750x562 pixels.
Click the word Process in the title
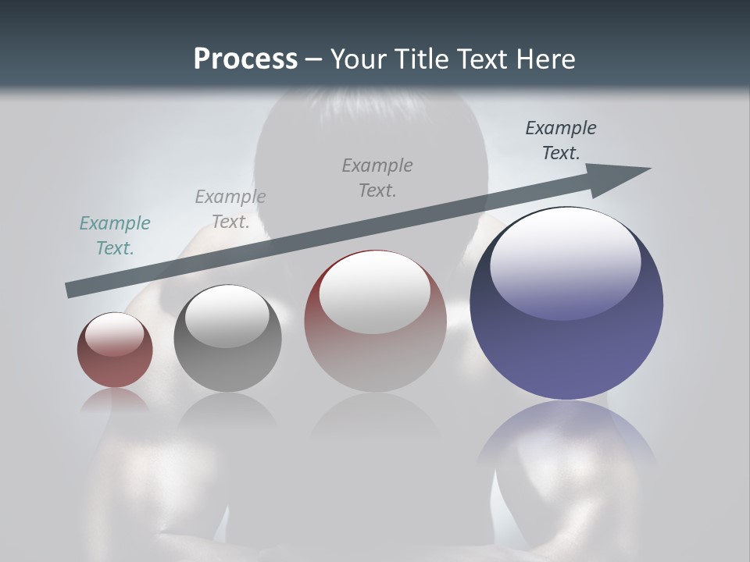click(x=245, y=59)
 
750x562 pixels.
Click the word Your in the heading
click(x=360, y=59)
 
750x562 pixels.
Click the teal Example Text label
click(x=115, y=236)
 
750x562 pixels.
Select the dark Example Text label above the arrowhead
click(x=560, y=140)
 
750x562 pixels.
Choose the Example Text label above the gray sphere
click(x=230, y=209)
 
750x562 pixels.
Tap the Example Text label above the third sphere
click(x=377, y=178)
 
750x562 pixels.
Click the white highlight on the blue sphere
click(x=566, y=261)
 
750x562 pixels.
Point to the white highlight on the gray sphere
click(x=227, y=315)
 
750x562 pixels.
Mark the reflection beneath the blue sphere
click(x=566, y=437)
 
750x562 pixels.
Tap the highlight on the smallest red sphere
click(x=115, y=334)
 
